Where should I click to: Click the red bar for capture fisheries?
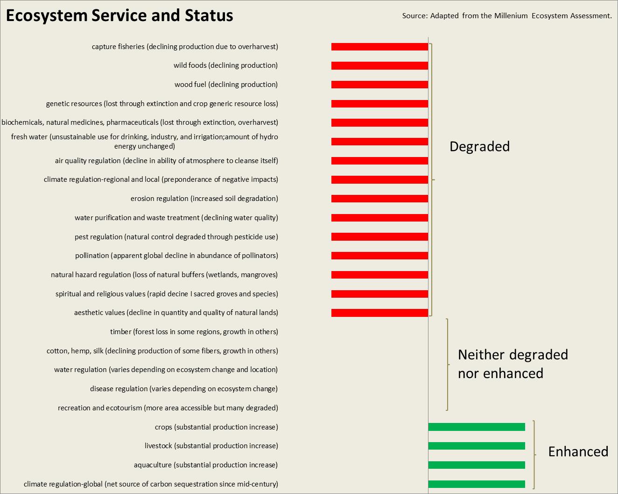coord(379,47)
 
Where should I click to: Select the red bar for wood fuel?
coord(379,85)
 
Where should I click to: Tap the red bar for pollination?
coord(379,256)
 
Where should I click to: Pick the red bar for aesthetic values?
coord(379,313)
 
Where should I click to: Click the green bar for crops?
coord(477,427)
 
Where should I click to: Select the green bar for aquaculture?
coord(477,465)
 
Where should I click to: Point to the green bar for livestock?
coord(477,446)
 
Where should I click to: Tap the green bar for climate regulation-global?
coord(477,484)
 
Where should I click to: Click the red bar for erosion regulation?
coord(379,199)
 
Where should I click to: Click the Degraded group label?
coord(479,147)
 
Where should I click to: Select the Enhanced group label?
coord(578,451)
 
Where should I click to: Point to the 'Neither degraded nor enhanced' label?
coord(513,364)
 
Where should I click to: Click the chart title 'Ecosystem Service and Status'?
coord(119,15)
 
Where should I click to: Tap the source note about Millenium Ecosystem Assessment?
coord(507,16)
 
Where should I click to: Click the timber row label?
coord(194,332)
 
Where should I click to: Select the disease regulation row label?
coord(184,389)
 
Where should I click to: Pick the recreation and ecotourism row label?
coord(168,408)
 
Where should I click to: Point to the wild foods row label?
coord(225,65)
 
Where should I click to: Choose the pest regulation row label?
coord(176,237)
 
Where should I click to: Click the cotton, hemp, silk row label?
coord(162,351)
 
